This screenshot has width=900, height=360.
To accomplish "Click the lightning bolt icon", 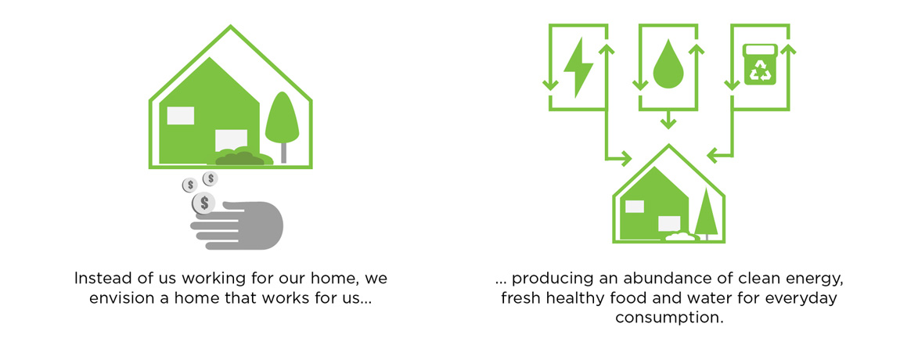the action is pyautogui.click(x=578, y=68).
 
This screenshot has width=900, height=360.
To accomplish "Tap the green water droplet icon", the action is pyautogui.click(x=666, y=68).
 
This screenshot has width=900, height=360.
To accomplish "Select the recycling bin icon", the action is pyautogui.click(x=760, y=64).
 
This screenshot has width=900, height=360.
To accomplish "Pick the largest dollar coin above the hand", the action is pyautogui.click(x=203, y=202).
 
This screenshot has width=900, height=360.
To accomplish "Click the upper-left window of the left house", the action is pyautogui.click(x=180, y=116).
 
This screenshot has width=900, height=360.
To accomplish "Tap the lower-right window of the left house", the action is pyautogui.click(x=231, y=140).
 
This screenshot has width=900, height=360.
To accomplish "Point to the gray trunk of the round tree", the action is pyautogui.click(x=283, y=153).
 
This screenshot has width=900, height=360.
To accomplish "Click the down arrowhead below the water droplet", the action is pyautogui.click(x=667, y=122).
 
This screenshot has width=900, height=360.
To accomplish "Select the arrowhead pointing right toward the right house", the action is pyautogui.click(x=625, y=157).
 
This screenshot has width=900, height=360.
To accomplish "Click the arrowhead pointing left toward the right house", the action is pyautogui.click(x=713, y=155).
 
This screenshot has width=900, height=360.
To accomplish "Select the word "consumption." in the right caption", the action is pyautogui.click(x=668, y=318).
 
